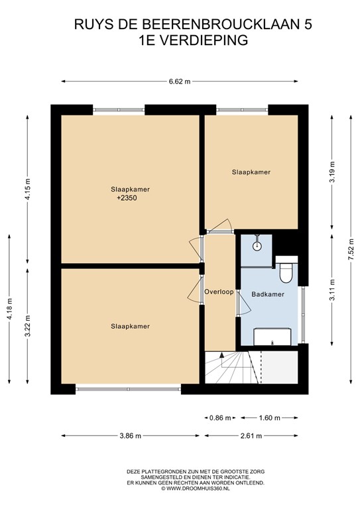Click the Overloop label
[219, 292]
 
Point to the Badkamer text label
[269, 295]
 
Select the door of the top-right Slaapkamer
[221, 227]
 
